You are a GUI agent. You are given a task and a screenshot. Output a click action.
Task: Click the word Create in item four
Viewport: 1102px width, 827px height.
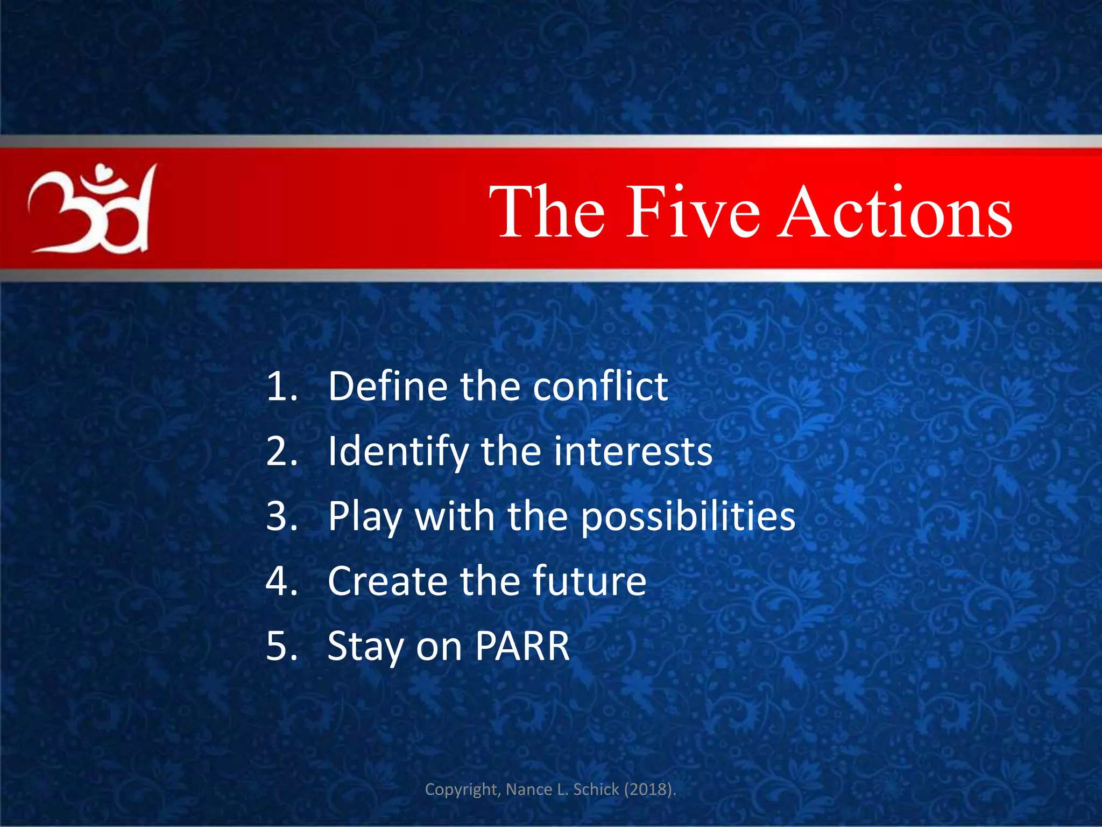click(x=387, y=581)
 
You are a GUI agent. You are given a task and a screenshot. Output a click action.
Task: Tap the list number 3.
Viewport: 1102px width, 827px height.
click(x=281, y=516)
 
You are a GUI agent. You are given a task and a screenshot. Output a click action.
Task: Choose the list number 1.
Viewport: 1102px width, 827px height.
click(x=281, y=387)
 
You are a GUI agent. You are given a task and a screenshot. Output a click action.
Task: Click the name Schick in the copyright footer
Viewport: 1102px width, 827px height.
click(x=596, y=789)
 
